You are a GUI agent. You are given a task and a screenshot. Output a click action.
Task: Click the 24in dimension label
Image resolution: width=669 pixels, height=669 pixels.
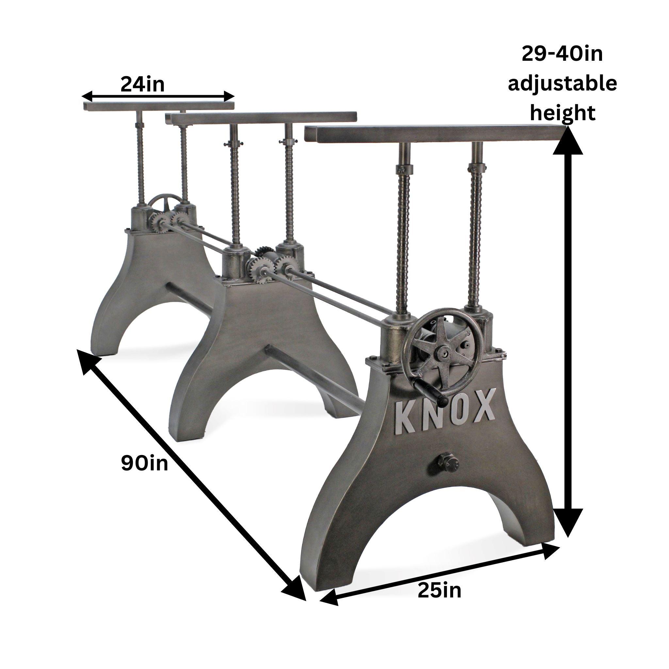pos(142,85)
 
